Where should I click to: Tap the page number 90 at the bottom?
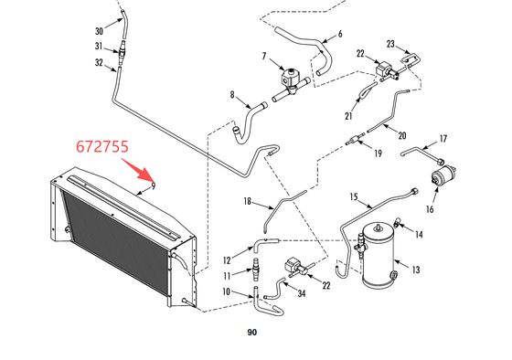point(251,333)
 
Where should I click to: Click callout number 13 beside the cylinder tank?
point(416,270)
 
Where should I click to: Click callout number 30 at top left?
point(99,30)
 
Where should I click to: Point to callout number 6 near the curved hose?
point(339,34)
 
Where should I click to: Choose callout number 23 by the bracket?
point(390,43)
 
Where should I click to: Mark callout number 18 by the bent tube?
point(247,200)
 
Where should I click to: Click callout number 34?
point(301,292)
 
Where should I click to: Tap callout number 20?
point(401,135)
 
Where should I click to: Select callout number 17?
point(443,139)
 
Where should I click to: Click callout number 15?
point(354,196)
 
